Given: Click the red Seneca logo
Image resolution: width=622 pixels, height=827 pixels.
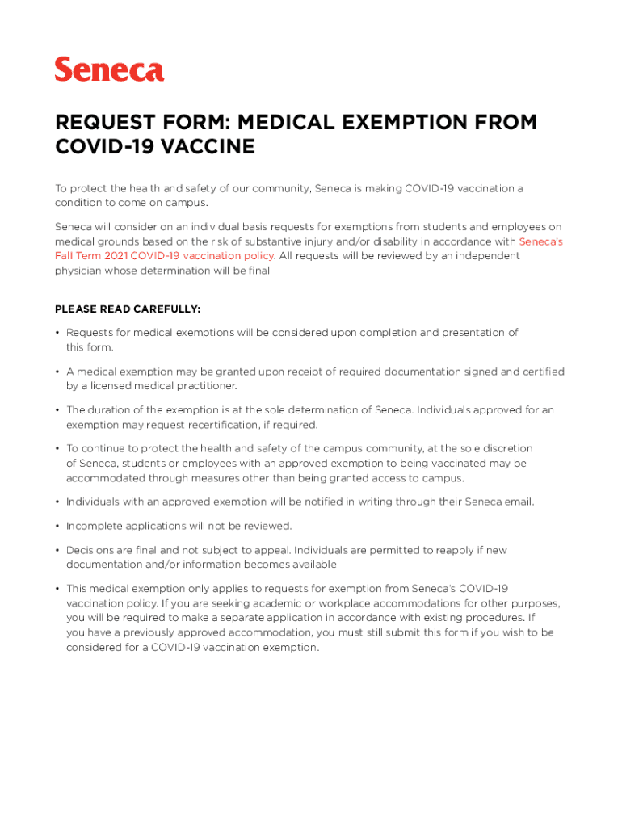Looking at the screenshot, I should (109, 69).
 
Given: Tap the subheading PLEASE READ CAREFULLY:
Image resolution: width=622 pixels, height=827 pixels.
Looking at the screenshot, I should (128, 309).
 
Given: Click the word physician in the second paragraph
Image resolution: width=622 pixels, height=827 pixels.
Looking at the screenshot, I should (81, 271).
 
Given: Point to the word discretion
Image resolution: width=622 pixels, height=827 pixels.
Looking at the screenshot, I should (506, 448).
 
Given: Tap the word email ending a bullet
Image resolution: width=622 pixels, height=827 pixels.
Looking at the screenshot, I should (517, 502).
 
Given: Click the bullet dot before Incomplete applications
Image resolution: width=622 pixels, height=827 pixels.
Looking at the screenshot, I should (57, 526).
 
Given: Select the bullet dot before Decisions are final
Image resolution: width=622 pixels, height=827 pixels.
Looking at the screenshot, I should (57, 550).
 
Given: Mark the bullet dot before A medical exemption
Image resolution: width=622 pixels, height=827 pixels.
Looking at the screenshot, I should (57, 372).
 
